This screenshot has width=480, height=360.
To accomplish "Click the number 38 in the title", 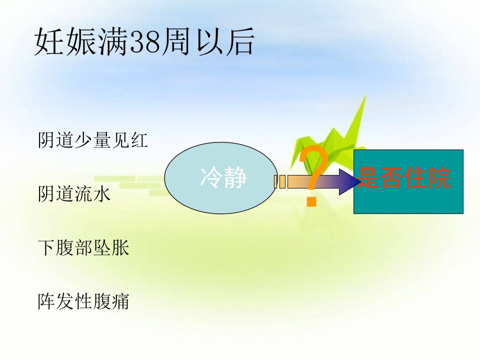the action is coord(145,42).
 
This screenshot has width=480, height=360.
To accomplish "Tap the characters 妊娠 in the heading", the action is coord(65,41).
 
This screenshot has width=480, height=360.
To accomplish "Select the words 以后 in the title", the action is coord(225,41).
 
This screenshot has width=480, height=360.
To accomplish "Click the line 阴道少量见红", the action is coord(93,140).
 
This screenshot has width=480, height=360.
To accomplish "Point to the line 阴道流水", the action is coord(74,194).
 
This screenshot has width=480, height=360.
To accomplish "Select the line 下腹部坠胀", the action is coord(83,247).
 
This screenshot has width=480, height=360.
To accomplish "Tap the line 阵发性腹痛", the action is coord(83,301).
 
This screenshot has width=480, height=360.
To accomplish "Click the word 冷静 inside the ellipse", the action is coord(223,177).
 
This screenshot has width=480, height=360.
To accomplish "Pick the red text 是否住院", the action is coord(404,177).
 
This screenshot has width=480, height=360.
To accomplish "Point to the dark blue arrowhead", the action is coord(349,182).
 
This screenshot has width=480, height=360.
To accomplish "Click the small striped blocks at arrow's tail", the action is coord(280,182).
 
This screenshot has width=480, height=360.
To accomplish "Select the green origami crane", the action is coord(329,141).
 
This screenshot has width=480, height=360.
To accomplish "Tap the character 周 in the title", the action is coord(175,41).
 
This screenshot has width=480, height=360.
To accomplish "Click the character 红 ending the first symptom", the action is coord(139,140).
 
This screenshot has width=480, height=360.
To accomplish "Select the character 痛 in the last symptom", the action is coord(120,301).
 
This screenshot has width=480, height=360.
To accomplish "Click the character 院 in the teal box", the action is coord(439,177).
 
